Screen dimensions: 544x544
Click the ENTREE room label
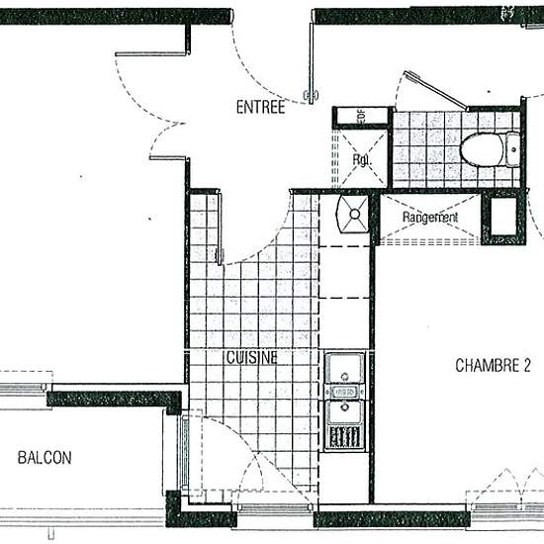click(260, 108)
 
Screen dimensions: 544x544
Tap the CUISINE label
click(251, 357)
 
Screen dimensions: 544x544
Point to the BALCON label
click(45, 458)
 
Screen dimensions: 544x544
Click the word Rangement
click(430, 217)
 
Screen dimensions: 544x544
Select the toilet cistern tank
click(512, 148)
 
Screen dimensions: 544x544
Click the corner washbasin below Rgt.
click(352, 211)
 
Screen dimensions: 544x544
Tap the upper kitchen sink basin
click(345, 370)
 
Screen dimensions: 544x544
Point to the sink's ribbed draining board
click(345, 436)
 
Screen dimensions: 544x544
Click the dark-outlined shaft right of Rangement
click(502, 219)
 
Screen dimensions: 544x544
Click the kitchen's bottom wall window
click(275, 510)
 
